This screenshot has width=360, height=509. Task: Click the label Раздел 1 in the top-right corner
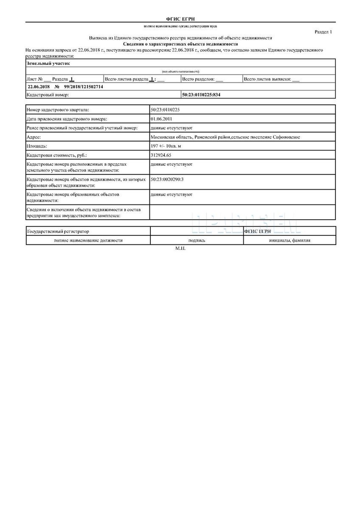coord(323,32)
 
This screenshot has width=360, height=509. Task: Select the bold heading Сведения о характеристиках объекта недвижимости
coord(180,44)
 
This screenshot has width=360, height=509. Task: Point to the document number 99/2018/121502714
coord(83,87)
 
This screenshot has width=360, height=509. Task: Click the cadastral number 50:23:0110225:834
coord(201,95)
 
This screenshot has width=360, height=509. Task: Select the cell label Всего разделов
coord(198,79)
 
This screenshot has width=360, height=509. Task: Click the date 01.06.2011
coord(161,119)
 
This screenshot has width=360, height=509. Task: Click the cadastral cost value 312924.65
coord(161,155)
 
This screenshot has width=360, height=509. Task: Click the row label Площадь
coord(37,146)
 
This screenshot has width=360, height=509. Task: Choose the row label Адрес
coord(34,137)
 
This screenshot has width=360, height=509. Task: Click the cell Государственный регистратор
coord(58,232)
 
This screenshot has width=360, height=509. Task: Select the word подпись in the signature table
coord(197,240)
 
